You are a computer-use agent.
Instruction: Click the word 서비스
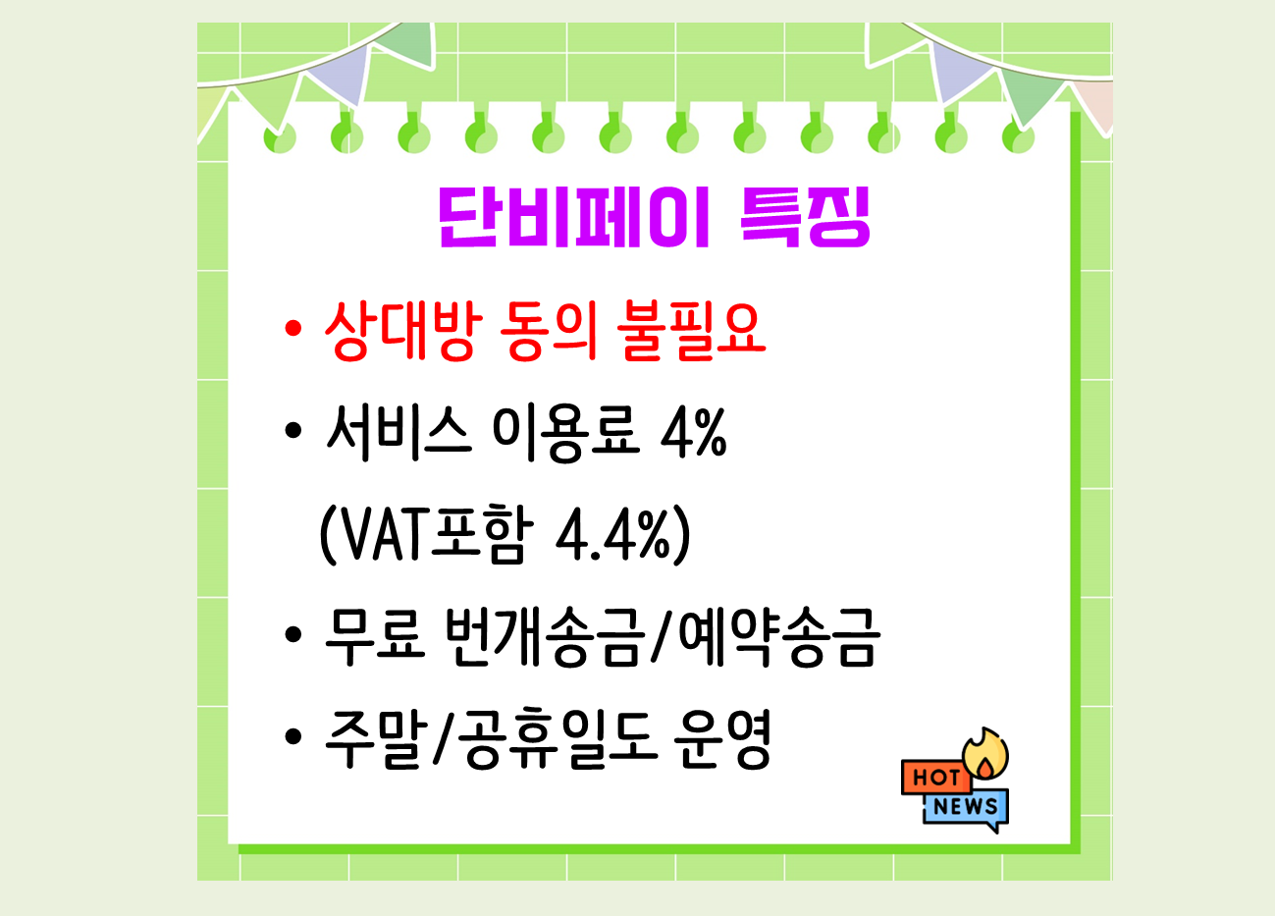(x=398, y=432)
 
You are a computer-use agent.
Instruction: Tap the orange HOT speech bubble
(x=934, y=778)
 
